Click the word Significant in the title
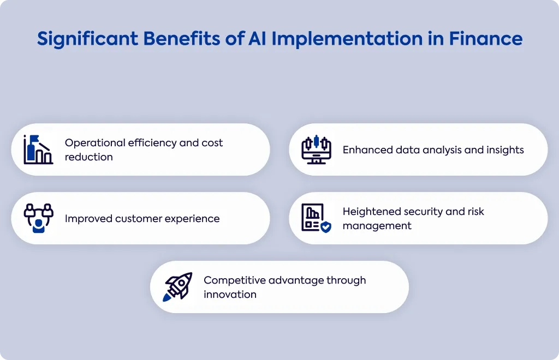coord(87,39)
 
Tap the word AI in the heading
coord(257,39)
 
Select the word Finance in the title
coord(485,39)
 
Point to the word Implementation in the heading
coord(347,39)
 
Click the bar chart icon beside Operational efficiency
coord(38,149)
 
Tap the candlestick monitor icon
coord(316,149)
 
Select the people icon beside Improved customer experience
coord(39,218)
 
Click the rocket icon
coord(177,287)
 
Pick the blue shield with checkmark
coord(326,227)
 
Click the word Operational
coord(95,143)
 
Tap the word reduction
coord(89,157)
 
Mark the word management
coord(377,226)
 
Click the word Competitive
coord(235,280)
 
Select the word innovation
coord(230,295)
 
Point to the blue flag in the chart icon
coord(34,139)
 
